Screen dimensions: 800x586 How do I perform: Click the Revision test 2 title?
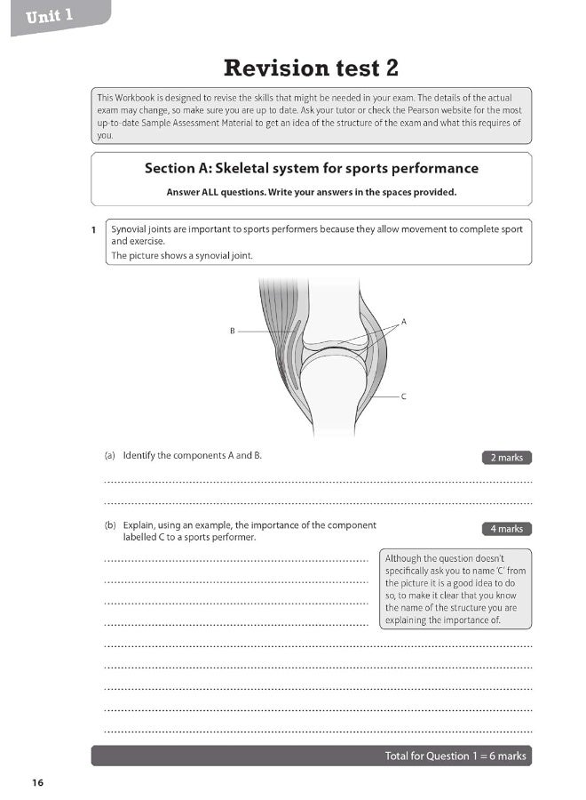pos(311,67)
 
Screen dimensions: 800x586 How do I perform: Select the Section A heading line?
pos(311,168)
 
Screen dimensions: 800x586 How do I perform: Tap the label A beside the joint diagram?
pos(404,321)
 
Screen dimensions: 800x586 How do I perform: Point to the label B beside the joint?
pos(232,332)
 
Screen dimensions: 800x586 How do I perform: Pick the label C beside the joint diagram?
pos(404,397)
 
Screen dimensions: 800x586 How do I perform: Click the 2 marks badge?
pos(506,458)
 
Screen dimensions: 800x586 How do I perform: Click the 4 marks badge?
pos(506,529)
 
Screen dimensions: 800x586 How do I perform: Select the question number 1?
pos(93,230)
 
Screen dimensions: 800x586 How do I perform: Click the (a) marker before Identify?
pos(110,456)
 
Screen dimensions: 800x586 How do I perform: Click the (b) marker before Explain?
pos(110,525)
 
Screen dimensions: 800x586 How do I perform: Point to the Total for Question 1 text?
pos(455,756)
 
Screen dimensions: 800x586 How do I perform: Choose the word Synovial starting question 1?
pos(130,229)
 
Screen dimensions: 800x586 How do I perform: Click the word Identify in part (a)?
pos(141,456)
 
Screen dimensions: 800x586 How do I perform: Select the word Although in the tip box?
pos(405,558)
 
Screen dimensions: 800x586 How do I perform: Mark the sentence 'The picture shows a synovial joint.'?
pos(182,256)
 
